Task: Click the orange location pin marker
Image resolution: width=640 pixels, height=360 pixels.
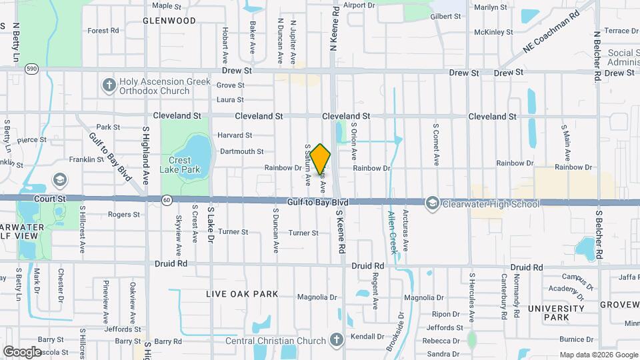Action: coord(320,159)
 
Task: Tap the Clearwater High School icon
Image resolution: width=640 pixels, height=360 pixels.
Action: coord(432,203)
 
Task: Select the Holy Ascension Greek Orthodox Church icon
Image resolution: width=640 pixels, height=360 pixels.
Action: coord(109,85)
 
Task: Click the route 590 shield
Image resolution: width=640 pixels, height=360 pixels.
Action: coord(31,69)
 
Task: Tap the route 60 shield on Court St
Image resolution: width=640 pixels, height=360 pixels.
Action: coord(166,199)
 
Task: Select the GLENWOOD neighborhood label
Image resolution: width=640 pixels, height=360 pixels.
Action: coord(169,21)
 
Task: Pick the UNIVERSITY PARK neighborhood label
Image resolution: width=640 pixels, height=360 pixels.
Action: coord(555,314)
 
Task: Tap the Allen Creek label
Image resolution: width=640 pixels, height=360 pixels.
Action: coord(392,233)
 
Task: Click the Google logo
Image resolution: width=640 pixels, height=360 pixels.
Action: coord(22,351)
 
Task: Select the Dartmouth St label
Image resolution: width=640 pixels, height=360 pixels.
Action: coord(242,151)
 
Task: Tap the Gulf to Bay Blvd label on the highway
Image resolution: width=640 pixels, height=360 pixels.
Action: coord(318,202)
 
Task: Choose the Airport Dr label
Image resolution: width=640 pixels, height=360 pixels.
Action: coord(360,5)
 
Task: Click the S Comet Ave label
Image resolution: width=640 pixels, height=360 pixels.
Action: coord(436,144)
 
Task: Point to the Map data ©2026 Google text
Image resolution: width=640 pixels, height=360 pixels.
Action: coord(597,355)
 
